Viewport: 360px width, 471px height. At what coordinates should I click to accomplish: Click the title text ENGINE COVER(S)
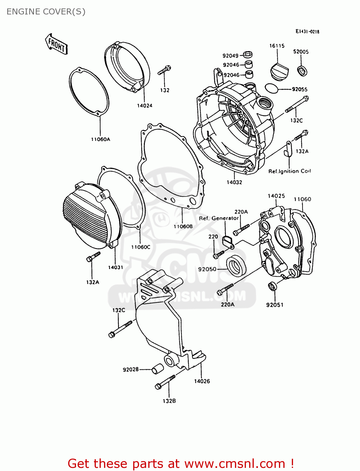coord(46,12)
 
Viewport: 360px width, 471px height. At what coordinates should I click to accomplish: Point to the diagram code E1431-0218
coord(307,31)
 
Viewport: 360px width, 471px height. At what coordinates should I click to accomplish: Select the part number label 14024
coord(145,106)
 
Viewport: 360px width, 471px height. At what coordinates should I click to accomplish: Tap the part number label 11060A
coord(101,139)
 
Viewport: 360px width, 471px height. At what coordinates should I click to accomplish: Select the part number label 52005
coord(301,52)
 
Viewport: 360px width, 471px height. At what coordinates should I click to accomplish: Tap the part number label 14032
coord(234,182)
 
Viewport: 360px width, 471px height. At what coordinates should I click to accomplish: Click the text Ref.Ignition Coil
coord(289,171)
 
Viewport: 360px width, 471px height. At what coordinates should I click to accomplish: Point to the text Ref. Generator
coord(219,218)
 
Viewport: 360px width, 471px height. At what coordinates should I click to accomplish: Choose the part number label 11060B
coord(183,226)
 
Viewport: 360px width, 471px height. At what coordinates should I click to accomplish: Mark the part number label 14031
coord(115,268)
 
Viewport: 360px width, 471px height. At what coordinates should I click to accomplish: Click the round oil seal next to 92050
coord(236,266)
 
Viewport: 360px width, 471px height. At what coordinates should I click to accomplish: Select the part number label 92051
coord(275,305)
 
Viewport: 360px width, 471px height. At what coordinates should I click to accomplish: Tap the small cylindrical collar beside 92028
coord(157,369)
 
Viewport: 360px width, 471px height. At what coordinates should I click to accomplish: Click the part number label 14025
coord(276,196)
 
